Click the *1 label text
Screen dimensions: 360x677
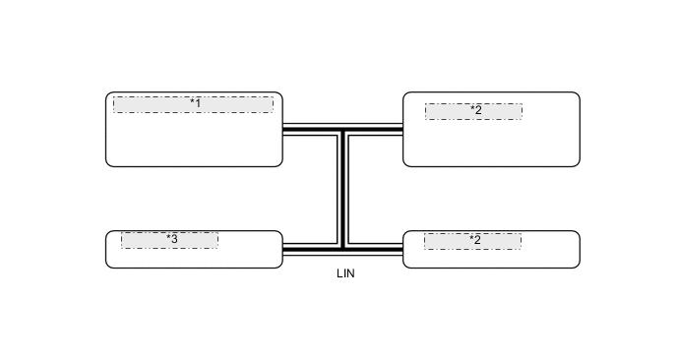coord(195,103)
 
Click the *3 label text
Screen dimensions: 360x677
coord(171,239)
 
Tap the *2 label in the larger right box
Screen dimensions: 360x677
coord(475,110)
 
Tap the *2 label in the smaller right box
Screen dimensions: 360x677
coord(474,239)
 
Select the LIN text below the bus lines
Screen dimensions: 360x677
coord(344,273)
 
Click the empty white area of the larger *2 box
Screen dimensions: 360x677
coord(491,144)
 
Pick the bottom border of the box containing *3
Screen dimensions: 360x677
coord(194,267)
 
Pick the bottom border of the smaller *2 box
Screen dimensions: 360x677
coord(491,267)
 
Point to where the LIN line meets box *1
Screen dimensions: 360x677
coord(282,129)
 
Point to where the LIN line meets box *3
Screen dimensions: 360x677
coord(282,247)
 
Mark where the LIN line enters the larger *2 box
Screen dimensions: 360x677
coord(403,129)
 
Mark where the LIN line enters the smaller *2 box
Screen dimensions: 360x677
coord(403,247)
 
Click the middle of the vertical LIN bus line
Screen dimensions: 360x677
coord(342,188)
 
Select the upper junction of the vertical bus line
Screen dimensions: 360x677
coord(342,129)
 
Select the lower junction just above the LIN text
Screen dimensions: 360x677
coord(342,247)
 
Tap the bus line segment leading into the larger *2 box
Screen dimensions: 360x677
coord(375,129)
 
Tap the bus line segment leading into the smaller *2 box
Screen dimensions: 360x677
coord(375,247)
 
